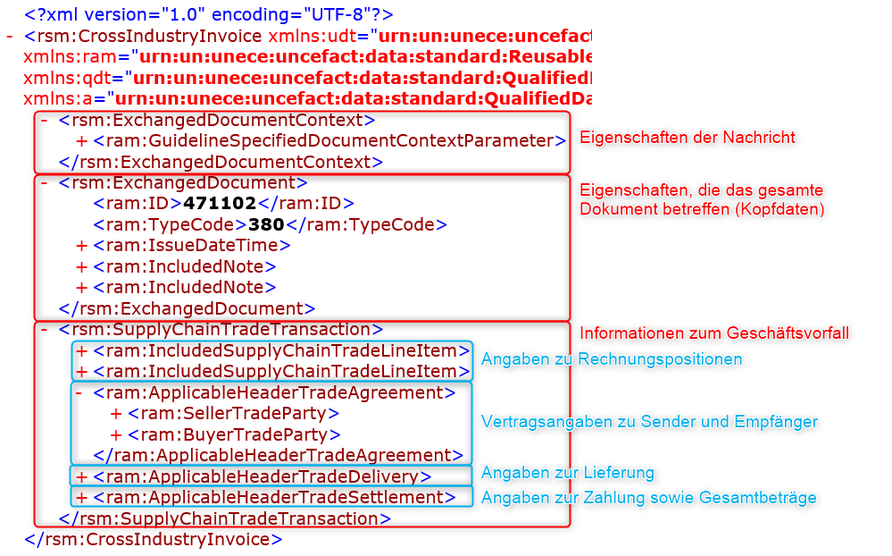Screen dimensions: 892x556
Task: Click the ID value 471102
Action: point(220,204)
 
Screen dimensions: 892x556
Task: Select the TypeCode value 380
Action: point(266,224)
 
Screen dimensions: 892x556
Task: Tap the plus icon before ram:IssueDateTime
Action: point(81,246)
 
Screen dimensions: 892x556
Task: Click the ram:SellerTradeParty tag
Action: point(233,414)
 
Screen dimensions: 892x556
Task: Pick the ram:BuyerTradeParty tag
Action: point(234,435)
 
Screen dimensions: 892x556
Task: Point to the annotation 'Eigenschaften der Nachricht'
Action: point(688,138)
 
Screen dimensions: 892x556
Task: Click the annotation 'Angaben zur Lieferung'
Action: point(568,473)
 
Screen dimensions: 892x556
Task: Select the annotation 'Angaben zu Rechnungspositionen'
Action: point(612,359)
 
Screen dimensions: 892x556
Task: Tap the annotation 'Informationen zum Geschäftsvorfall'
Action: point(714,333)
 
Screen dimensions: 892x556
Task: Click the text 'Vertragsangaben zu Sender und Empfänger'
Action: point(649,422)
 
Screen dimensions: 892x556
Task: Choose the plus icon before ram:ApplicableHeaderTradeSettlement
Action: point(81,498)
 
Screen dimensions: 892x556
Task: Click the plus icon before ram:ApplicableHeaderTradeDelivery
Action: point(81,476)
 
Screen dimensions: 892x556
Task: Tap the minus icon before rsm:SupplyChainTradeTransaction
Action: point(44,329)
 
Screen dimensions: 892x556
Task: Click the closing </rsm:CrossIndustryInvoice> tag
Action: point(154,540)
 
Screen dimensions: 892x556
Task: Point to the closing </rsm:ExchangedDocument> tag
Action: point(188,308)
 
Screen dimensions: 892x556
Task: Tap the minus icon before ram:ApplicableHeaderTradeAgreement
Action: point(79,393)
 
